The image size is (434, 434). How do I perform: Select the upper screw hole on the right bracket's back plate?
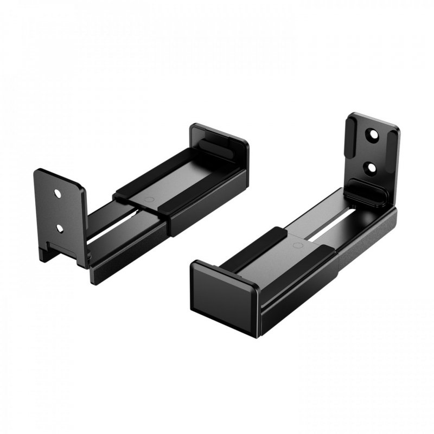click(373, 133)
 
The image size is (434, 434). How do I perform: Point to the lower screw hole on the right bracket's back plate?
click(372, 167)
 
